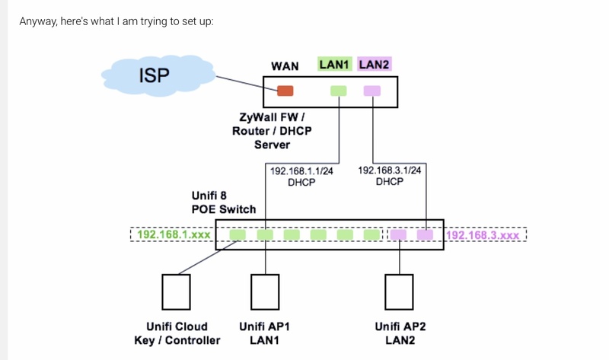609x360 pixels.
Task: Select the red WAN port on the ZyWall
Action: pos(285,91)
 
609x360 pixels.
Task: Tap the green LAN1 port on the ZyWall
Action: pos(338,91)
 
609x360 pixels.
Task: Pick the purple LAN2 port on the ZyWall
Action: pos(371,91)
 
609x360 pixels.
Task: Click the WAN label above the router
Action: pos(285,66)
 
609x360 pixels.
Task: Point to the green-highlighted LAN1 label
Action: pos(334,65)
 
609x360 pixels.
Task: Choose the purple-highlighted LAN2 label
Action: pos(374,65)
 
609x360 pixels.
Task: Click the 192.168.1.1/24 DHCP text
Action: pos(301,177)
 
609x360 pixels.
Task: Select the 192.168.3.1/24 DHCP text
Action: pos(389,176)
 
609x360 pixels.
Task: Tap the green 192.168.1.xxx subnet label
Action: pos(174,234)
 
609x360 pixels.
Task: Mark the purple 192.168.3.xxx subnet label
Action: pos(483,235)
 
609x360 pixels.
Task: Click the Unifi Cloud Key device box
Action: pos(177,290)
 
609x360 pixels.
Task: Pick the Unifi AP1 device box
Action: pos(265,290)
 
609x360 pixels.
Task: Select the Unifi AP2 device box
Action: pos(399,290)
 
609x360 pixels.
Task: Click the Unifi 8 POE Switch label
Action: pos(223,202)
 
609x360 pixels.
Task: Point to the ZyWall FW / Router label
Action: pos(272,131)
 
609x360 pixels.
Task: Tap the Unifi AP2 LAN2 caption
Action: pos(400,333)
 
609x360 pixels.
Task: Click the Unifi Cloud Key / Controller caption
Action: pos(177,333)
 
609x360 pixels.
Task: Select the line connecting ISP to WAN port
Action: pos(236,81)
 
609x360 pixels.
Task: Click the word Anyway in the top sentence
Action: pos(38,20)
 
